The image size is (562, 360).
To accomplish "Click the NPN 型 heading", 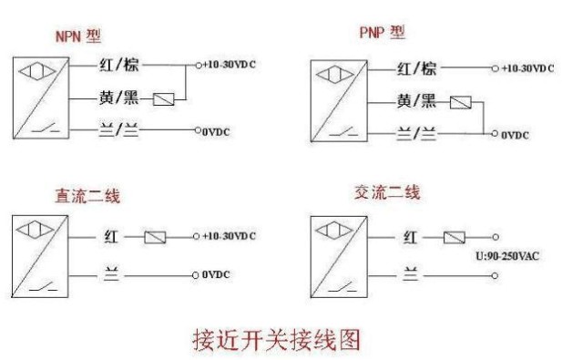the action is (x=78, y=36).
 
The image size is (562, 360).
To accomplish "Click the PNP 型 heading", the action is (x=383, y=32).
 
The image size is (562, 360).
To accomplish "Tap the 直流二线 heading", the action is (x=87, y=196).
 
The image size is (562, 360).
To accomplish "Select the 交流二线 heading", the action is (x=387, y=192).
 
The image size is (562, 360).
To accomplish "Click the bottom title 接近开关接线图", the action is (x=276, y=339).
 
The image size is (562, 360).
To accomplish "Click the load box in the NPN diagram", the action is (x=164, y=99).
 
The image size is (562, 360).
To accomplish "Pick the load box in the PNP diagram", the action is (x=461, y=103).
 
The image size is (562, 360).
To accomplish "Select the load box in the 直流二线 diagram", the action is (x=155, y=237).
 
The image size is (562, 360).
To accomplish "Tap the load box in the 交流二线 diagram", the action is (x=455, y=237).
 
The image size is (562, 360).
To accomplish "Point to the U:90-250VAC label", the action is (x=507, y=256).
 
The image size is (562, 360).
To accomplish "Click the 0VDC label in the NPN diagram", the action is (x=216, y=132).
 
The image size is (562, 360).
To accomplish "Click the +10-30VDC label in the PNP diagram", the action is (x=528, y=68).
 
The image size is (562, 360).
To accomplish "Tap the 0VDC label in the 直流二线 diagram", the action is (x=216, y=274).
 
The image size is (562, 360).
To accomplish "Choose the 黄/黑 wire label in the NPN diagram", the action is (x=118, y=98).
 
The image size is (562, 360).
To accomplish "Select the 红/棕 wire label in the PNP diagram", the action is (x=416, y=68).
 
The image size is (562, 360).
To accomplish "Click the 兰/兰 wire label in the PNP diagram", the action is (x=416, y=133).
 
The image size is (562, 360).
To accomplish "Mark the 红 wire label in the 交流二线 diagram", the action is (x=411, y=237).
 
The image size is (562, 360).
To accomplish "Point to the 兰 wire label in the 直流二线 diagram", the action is (x=111, y=273).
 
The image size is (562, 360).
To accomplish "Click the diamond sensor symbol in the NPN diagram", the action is (x=37, y=71).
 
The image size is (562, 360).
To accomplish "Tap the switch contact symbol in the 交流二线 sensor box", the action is (x=343, y=287).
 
